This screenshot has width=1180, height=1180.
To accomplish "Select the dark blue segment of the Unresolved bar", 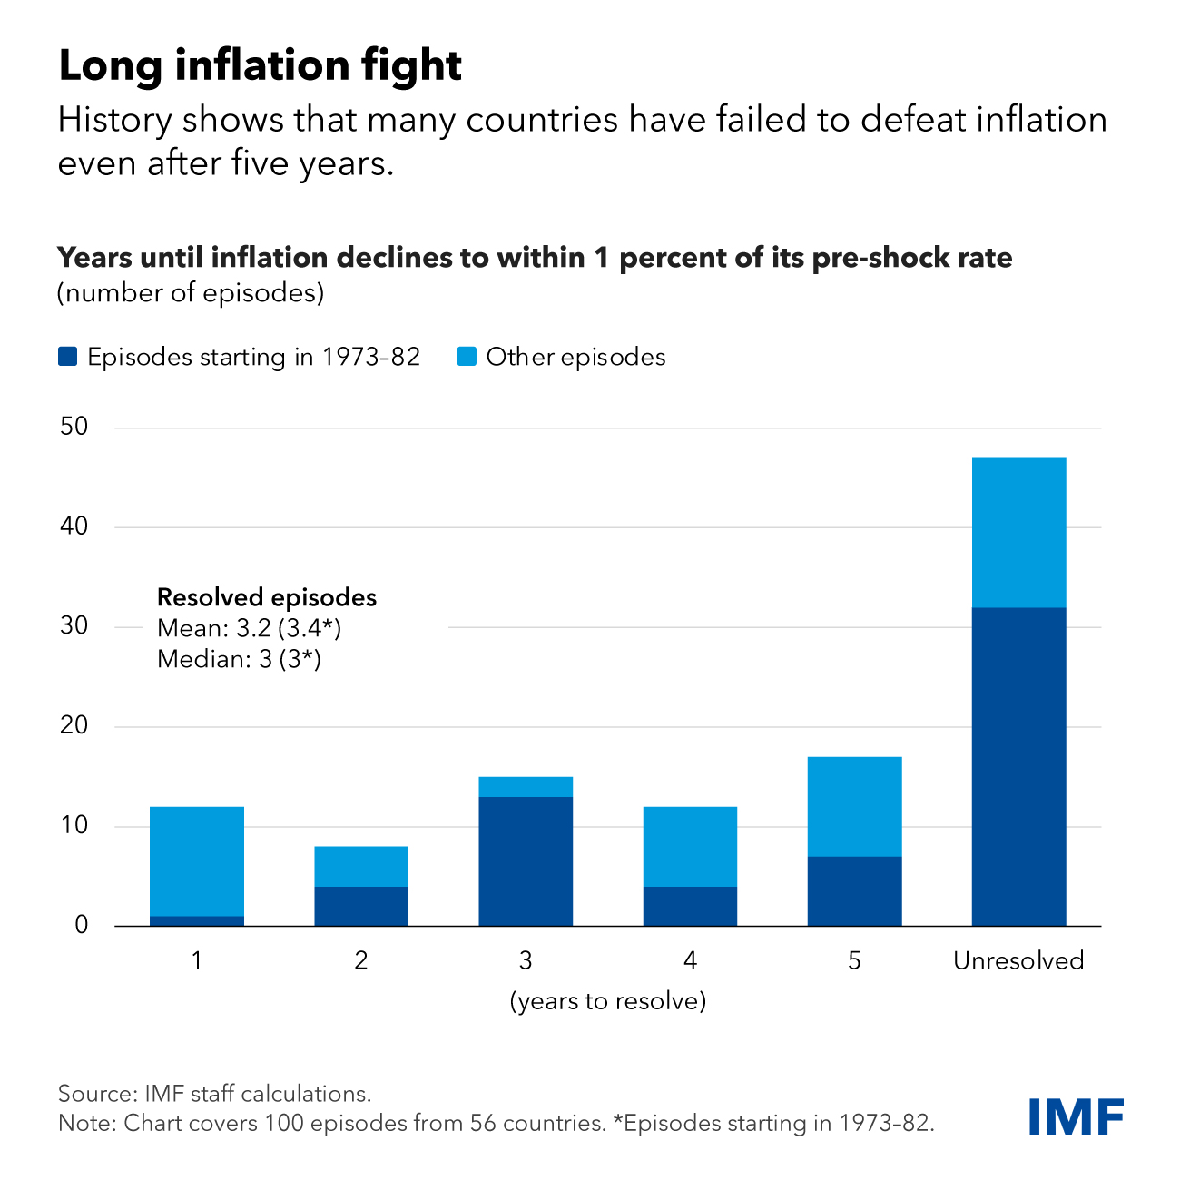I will (x=1018, y=767).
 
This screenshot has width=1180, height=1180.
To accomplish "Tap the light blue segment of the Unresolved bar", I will (x=1018, y=533).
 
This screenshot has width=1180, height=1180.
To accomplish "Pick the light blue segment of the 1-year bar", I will (x=197, y=861).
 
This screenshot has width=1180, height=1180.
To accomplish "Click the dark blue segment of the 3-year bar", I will (x=526, y=861).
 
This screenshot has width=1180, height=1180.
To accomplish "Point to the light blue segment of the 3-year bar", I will (x=526, y=787).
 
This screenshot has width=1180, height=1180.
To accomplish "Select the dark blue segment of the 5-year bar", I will (x=854, y=891).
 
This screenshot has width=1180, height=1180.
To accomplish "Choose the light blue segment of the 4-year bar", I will (x=690, y=847).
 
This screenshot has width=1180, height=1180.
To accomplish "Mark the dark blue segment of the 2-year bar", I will (x=361, y=906).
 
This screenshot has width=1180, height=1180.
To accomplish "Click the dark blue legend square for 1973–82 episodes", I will (x=67, y=357).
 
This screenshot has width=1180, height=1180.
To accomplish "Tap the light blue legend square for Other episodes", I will (x=467, y=357).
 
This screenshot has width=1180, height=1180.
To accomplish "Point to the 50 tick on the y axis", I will (x=74, y=427).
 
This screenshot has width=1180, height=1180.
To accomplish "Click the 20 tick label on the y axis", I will (x=74, y=725).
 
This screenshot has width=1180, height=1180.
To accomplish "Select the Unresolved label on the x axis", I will (x=1018, y=960).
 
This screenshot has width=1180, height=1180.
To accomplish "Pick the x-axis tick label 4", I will (x=690, y=960).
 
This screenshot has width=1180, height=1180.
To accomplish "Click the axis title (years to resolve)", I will (x=608, y=1001).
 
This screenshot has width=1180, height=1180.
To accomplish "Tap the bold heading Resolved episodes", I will (x=267, y=597).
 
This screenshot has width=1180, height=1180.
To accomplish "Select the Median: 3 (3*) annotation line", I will (x=239, y=659).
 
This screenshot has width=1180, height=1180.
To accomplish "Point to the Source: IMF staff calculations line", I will (x=215, y=1093).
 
